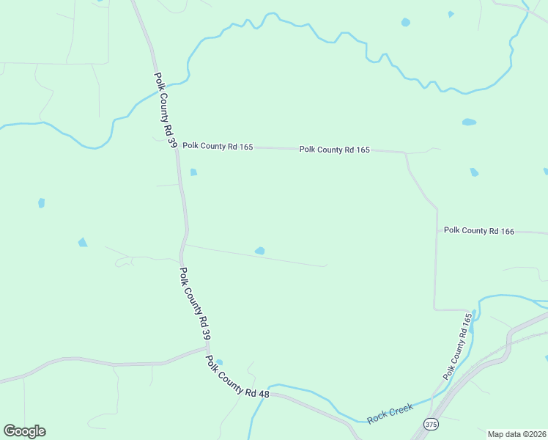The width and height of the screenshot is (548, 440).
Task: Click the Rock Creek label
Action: [390, 413]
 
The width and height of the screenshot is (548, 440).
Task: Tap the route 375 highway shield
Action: [432, 425]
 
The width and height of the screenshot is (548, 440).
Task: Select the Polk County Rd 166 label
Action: [479, 231]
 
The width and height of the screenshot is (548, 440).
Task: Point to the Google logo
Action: [24, 431]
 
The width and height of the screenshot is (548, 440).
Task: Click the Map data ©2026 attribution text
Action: [516, 434]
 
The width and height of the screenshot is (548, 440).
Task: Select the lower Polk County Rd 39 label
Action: [196, 303]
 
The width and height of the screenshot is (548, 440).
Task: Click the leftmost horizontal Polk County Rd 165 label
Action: [218, 146]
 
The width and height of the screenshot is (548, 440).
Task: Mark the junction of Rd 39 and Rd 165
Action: [177, 147]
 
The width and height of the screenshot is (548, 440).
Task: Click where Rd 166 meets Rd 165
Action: [437, 231]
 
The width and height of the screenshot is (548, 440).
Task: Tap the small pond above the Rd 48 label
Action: [219, 362]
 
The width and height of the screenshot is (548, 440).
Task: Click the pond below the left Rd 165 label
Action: [193, 172]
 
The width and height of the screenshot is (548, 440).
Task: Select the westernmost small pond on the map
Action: [41, 203]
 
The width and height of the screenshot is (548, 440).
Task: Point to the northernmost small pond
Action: [451, 13]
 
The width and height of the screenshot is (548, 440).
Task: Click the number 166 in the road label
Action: [504, 232]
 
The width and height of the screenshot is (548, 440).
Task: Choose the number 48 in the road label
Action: [264, 395]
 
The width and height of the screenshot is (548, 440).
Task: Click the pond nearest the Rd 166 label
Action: [474, 172]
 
